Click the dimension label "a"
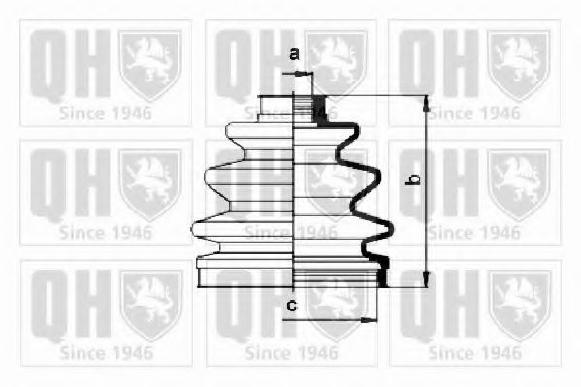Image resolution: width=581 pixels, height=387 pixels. coord(294,54)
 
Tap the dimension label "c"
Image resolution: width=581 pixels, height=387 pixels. coord(292,306)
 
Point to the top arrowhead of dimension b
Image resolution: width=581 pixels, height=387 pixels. coord(426,103)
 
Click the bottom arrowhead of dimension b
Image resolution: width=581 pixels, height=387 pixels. coord(426,278)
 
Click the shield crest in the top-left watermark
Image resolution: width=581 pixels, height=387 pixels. coord(149,64)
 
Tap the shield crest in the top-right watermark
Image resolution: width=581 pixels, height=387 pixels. coord(518,64)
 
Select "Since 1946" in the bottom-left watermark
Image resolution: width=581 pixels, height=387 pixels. coord(106,352)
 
